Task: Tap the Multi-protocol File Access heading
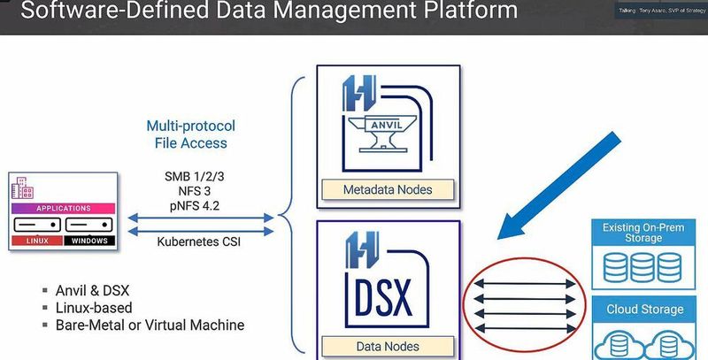click(x=191, y=134)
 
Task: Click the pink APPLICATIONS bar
click(x=63, y=209)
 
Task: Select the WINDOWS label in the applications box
click(x=89, y=240)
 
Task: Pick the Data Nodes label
click(x=388, y=346)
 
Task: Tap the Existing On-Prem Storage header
click(x=643, y=233)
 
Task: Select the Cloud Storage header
click(x=643, y=310)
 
